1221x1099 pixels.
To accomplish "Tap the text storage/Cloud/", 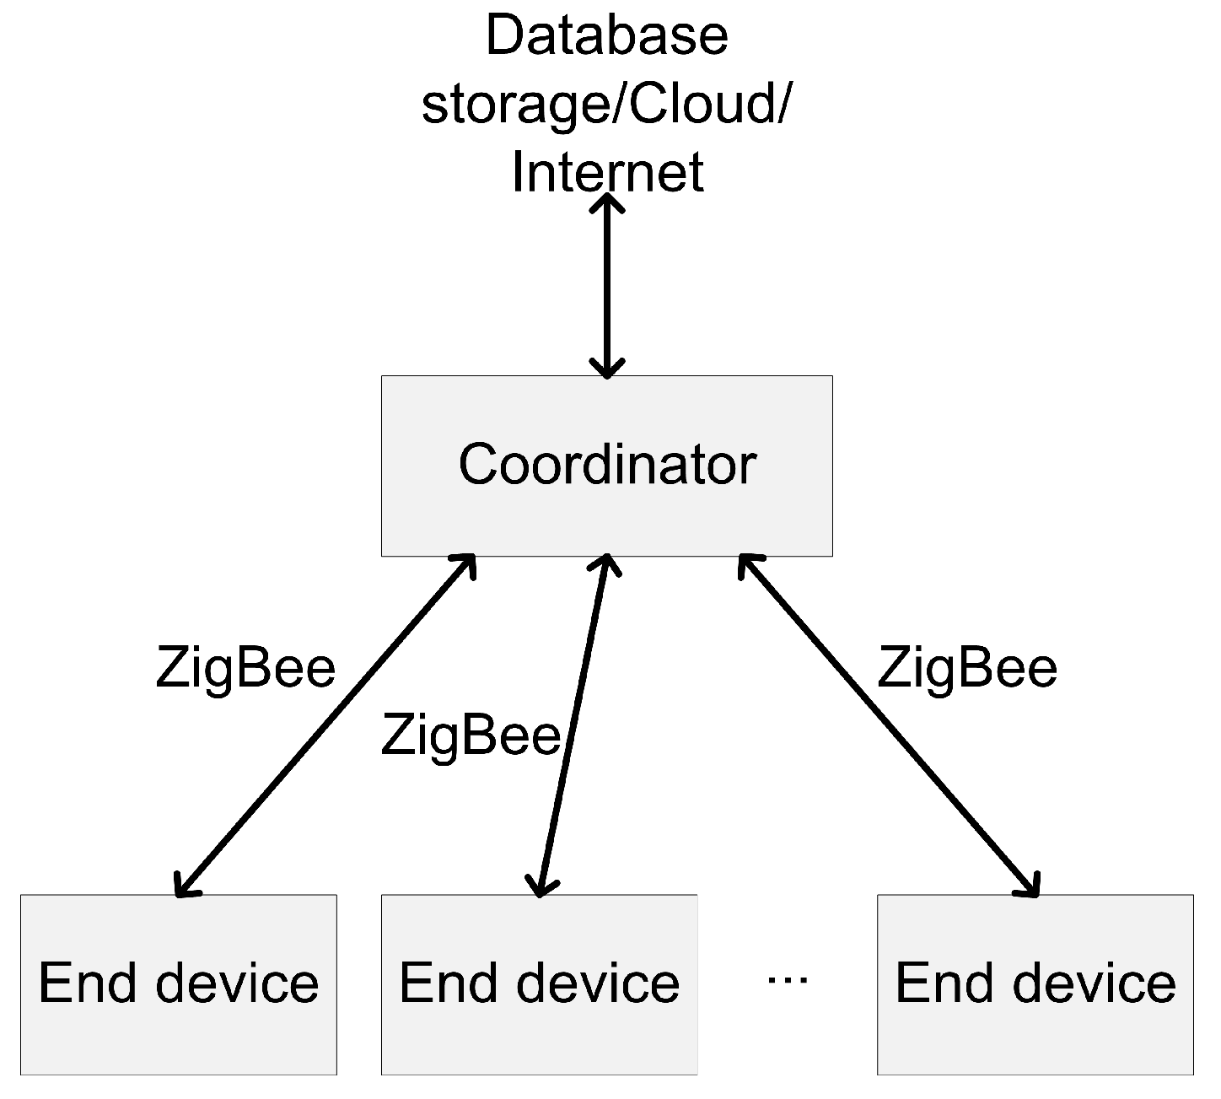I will coord(606,105).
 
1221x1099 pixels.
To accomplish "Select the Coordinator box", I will coord(606,466).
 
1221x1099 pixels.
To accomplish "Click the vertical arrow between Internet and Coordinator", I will coord(607,287).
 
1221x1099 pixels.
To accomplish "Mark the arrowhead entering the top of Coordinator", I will coord(607,368).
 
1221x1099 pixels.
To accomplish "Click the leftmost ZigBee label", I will coord(245,668).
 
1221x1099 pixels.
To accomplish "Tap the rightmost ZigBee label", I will coord(966,668).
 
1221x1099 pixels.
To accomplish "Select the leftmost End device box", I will coord(179,983).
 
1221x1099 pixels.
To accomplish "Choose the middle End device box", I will coord(539,983).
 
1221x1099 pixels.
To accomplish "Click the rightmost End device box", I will coord(1035,983).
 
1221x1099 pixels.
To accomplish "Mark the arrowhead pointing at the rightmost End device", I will coord(1030,886).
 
